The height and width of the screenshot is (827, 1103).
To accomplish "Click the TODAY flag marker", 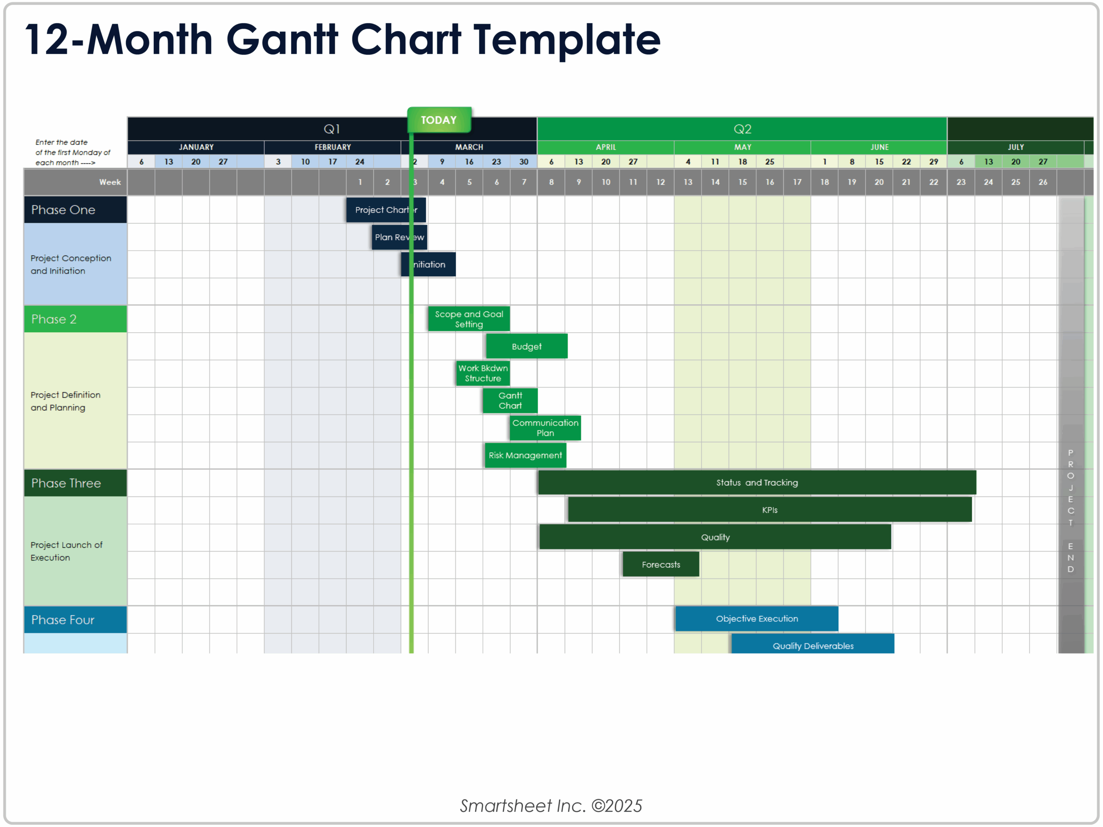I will [x=439, y=120].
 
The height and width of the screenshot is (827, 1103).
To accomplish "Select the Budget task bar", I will [x=527, y=346].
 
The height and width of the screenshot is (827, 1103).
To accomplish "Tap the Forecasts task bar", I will [x=661, y=564].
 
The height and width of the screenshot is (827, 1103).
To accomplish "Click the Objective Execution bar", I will [x=757, y=618].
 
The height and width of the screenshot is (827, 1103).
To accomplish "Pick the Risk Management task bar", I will [x=525, y=455].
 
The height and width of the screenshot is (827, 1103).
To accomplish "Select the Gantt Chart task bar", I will [x=510, y=400].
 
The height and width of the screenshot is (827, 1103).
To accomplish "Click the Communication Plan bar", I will [x=545, y=428].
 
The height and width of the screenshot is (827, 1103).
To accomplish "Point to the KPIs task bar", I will [x=770, y=510].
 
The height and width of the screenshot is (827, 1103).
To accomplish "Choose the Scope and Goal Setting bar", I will [x=469, y=319].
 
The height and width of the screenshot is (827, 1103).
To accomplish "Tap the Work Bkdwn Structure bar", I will [x=483, y=373].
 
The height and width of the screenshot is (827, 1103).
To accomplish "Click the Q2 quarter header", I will [x=742, y=129].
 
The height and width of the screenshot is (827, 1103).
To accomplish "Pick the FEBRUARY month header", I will [x=333, y=147].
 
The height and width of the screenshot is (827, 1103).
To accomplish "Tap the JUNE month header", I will [x=879, y=147].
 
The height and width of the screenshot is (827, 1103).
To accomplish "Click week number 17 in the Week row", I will [x=797, y=182].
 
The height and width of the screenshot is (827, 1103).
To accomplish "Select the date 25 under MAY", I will [x=770, y=162].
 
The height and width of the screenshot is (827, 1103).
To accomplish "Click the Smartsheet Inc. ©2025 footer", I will [x=551, y=805].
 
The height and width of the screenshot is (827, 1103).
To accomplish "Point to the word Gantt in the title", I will [x=282, y=40].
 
